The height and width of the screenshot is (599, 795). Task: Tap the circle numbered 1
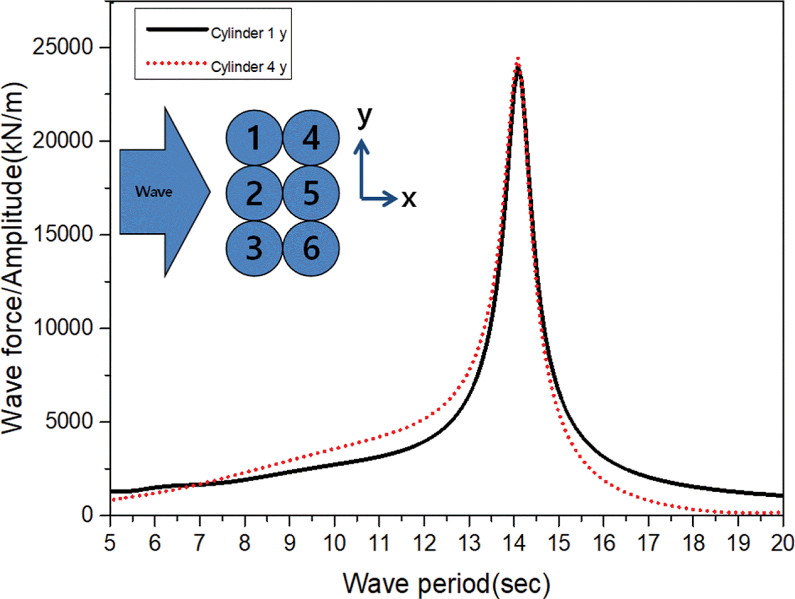254,138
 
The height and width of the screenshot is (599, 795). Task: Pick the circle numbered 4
311,138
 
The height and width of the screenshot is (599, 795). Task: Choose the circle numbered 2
254,193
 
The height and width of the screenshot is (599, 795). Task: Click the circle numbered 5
311,193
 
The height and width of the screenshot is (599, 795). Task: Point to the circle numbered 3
254,248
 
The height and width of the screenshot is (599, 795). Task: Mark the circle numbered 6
311,248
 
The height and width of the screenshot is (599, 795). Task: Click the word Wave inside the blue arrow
154,192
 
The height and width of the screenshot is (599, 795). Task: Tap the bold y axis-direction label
364,116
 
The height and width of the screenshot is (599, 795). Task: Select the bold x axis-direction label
409,199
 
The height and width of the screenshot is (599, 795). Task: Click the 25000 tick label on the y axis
63,47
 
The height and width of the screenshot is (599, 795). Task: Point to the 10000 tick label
63,328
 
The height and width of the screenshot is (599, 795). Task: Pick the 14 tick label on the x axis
514,543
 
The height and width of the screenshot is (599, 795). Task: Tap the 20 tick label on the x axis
782,543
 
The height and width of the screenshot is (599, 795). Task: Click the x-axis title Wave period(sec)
446,584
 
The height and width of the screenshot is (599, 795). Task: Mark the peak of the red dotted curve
518,59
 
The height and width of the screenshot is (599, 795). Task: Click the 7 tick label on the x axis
200,543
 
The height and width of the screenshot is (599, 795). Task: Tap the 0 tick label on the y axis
88,515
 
